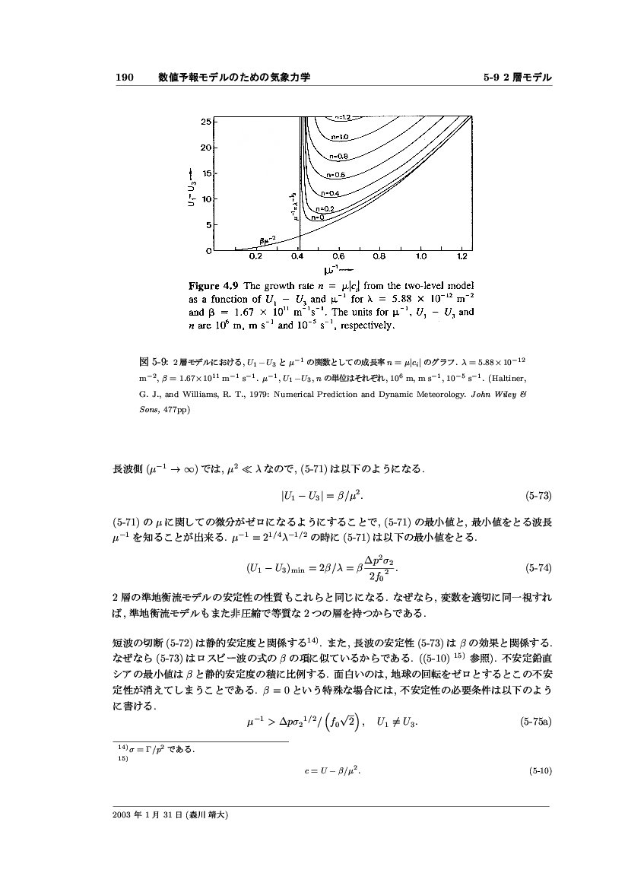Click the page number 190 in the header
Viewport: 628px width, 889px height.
(124, 78)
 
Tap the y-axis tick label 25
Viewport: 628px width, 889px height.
(206, 121)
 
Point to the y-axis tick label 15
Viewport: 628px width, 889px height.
(206, 173)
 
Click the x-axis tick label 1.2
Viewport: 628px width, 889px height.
(463, 257)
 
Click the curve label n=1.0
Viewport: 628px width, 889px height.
(339, 138)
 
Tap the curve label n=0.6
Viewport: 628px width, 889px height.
(337, 175)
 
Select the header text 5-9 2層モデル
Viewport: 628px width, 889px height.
(517, 78)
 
